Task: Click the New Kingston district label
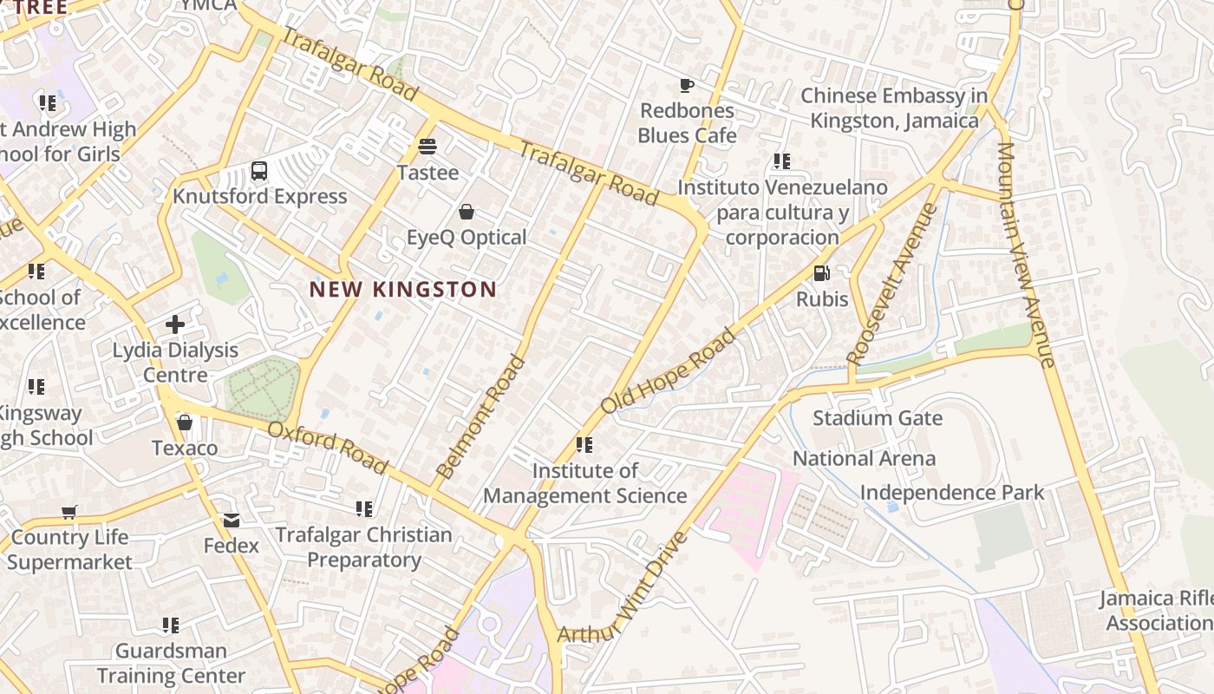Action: pyautogui.click(x=403, y=290)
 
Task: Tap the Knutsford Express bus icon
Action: pyautogui.click(x=259, y=170)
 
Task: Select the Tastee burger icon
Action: pyautogui.click(x=428, y=146)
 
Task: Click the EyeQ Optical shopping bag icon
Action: pyautogui.click(x=467, y=212)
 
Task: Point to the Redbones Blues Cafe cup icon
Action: pyautogui.click(x=687, y=85)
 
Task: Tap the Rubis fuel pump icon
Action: pyautogui.click(x=821, y=273)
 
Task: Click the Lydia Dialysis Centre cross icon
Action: pyautogui.click(x=175, y=324)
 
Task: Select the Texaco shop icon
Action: pyautogui.click(x=185, y=422)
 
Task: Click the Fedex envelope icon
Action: pyautogui.click(x=232, y=520)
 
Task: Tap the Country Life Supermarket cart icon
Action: pyautogui.click(x=69, y=512)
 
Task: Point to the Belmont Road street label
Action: pyautogui.click(x=481, y=417)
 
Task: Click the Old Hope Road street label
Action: pyautogui.click(x=668, y=370)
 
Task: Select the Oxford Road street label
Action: pyautogui.click(x=327, y=448)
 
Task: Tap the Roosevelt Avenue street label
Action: pyautogui.click(x=892, y=284)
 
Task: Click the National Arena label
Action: pyautogui.click(x=864, y=458)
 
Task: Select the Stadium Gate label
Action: pyautogui.click(x=877, y=418)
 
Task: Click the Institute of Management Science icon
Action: pyautogui.click(x=584, y=445)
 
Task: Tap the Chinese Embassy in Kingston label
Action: pyautogui.click(x=894, y=108)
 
